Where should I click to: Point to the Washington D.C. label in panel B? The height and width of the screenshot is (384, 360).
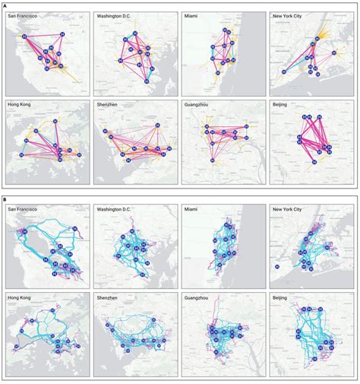click(x=116, y=207)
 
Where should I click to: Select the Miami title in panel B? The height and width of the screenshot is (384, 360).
click(x=192, y=207)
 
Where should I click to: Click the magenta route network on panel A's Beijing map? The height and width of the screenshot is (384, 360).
click(x=313, y=141)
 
